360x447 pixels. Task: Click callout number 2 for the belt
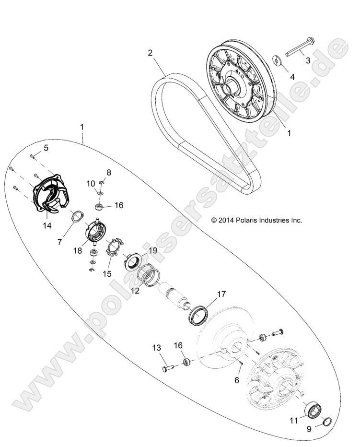tap(151, 53)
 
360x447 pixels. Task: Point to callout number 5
tap(46, 148)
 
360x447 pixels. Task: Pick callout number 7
tap(59, 242)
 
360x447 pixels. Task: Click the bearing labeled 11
tap(314, 412)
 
